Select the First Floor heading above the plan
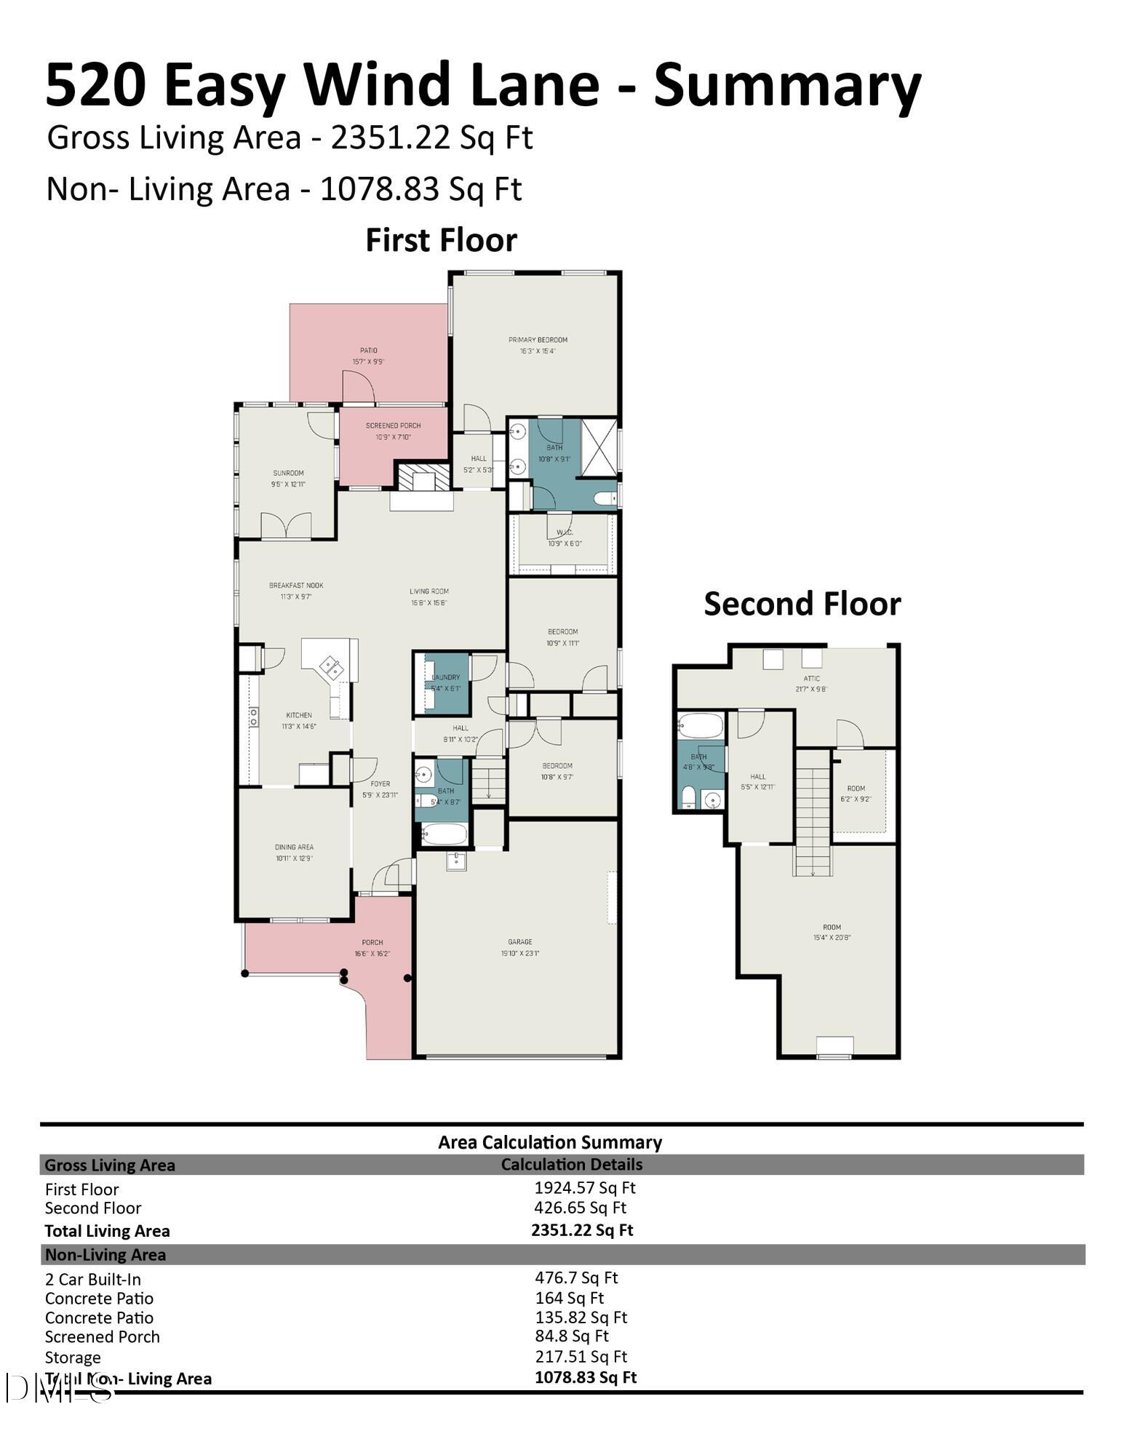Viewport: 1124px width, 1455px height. click(441, 240)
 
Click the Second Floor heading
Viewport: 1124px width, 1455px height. click(802, 604)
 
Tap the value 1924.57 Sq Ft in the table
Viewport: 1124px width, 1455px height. click(584, 1188)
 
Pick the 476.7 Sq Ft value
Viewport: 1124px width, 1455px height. click(575, 1277)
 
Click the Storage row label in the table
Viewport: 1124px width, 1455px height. click(73, 1358)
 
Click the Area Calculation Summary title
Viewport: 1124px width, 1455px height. click(549, 1142)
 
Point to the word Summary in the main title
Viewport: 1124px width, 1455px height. click(787, 86)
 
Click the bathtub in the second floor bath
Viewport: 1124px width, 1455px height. click(700, 725)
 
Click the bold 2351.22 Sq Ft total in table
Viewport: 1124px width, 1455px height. click(581, 1230)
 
